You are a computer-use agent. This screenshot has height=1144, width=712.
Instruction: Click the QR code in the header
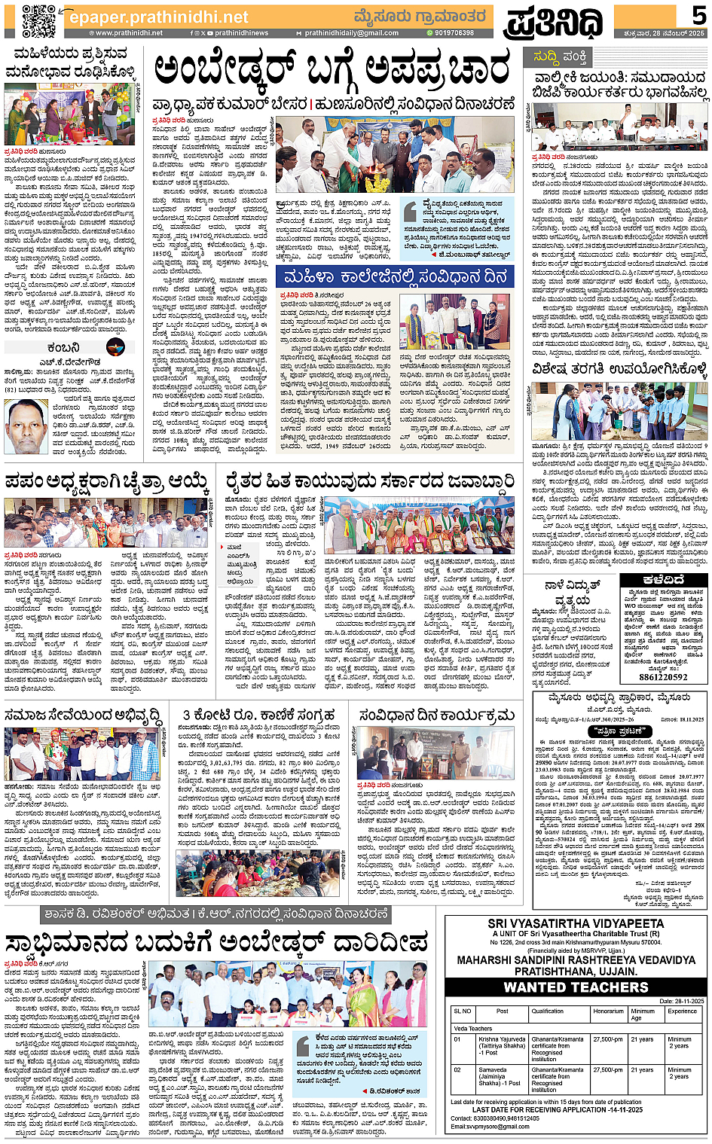(38, 20)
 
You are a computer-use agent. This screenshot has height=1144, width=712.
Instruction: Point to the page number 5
(699, 15)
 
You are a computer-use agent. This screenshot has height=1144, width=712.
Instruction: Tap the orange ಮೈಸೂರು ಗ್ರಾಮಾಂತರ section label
(421, 16)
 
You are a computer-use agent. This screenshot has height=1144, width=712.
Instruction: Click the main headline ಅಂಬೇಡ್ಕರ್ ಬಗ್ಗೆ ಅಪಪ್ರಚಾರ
(332, 72)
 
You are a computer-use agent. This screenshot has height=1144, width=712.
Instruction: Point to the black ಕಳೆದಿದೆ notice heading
(664, 580)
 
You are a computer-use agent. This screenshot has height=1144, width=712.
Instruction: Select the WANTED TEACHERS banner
(576, 987)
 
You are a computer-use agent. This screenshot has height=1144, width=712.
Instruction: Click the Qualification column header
(547, 1011)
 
